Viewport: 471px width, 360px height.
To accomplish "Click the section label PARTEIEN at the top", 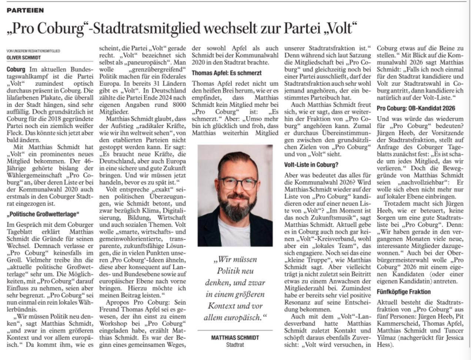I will click(25, 10).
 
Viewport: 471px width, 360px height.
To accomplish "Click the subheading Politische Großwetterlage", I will click(43, 214).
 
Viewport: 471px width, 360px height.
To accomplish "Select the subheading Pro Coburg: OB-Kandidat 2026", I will click(416, 108).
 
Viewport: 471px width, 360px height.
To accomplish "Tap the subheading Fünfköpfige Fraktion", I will click(404, 291).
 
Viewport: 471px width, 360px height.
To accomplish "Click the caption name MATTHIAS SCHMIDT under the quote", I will click(235, 338).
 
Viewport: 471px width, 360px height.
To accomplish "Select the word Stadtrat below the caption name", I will click(235, 345).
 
